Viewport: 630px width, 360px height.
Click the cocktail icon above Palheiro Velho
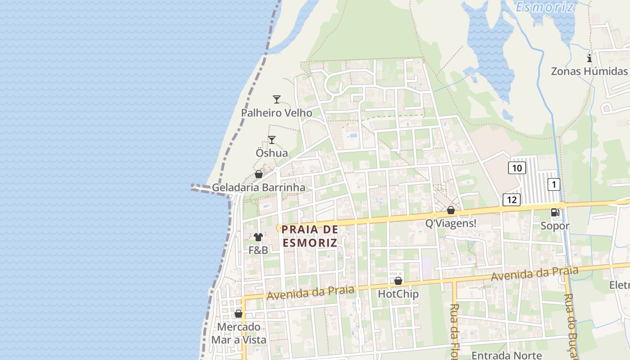(x=277, y=99)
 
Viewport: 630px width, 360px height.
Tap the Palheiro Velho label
(x=276, y=113)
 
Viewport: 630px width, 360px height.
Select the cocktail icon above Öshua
(x=272, y=140)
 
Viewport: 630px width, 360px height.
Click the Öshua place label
(x=272, y=153)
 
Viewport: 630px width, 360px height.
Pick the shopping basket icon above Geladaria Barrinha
(x=259, y=174)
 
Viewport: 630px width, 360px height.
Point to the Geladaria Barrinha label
(x=258, y=188)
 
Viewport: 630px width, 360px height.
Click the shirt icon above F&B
(x=258, y=237)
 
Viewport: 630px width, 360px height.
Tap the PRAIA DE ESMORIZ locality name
(x=310, y=236)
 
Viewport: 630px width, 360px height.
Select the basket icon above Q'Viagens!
(x=450, y=210)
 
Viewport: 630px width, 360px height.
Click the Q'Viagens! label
(x=450, y=223)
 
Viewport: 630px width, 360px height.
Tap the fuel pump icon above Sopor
(x=555, y=212)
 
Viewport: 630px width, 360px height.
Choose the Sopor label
(x=555, y=226)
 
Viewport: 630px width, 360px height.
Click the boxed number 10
(x=517, y=168)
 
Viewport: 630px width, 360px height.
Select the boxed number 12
(x=512, y=199)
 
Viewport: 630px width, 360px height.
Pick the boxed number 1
(x=554, y=184)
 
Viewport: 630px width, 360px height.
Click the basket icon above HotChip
(x=398, y=281)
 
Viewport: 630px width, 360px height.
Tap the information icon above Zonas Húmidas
(x=589, y=58)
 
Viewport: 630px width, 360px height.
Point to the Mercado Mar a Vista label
(x=239, y=333)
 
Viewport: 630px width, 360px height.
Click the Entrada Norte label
(x=506, y=355)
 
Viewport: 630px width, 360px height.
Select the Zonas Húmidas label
(x=589, y=72)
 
